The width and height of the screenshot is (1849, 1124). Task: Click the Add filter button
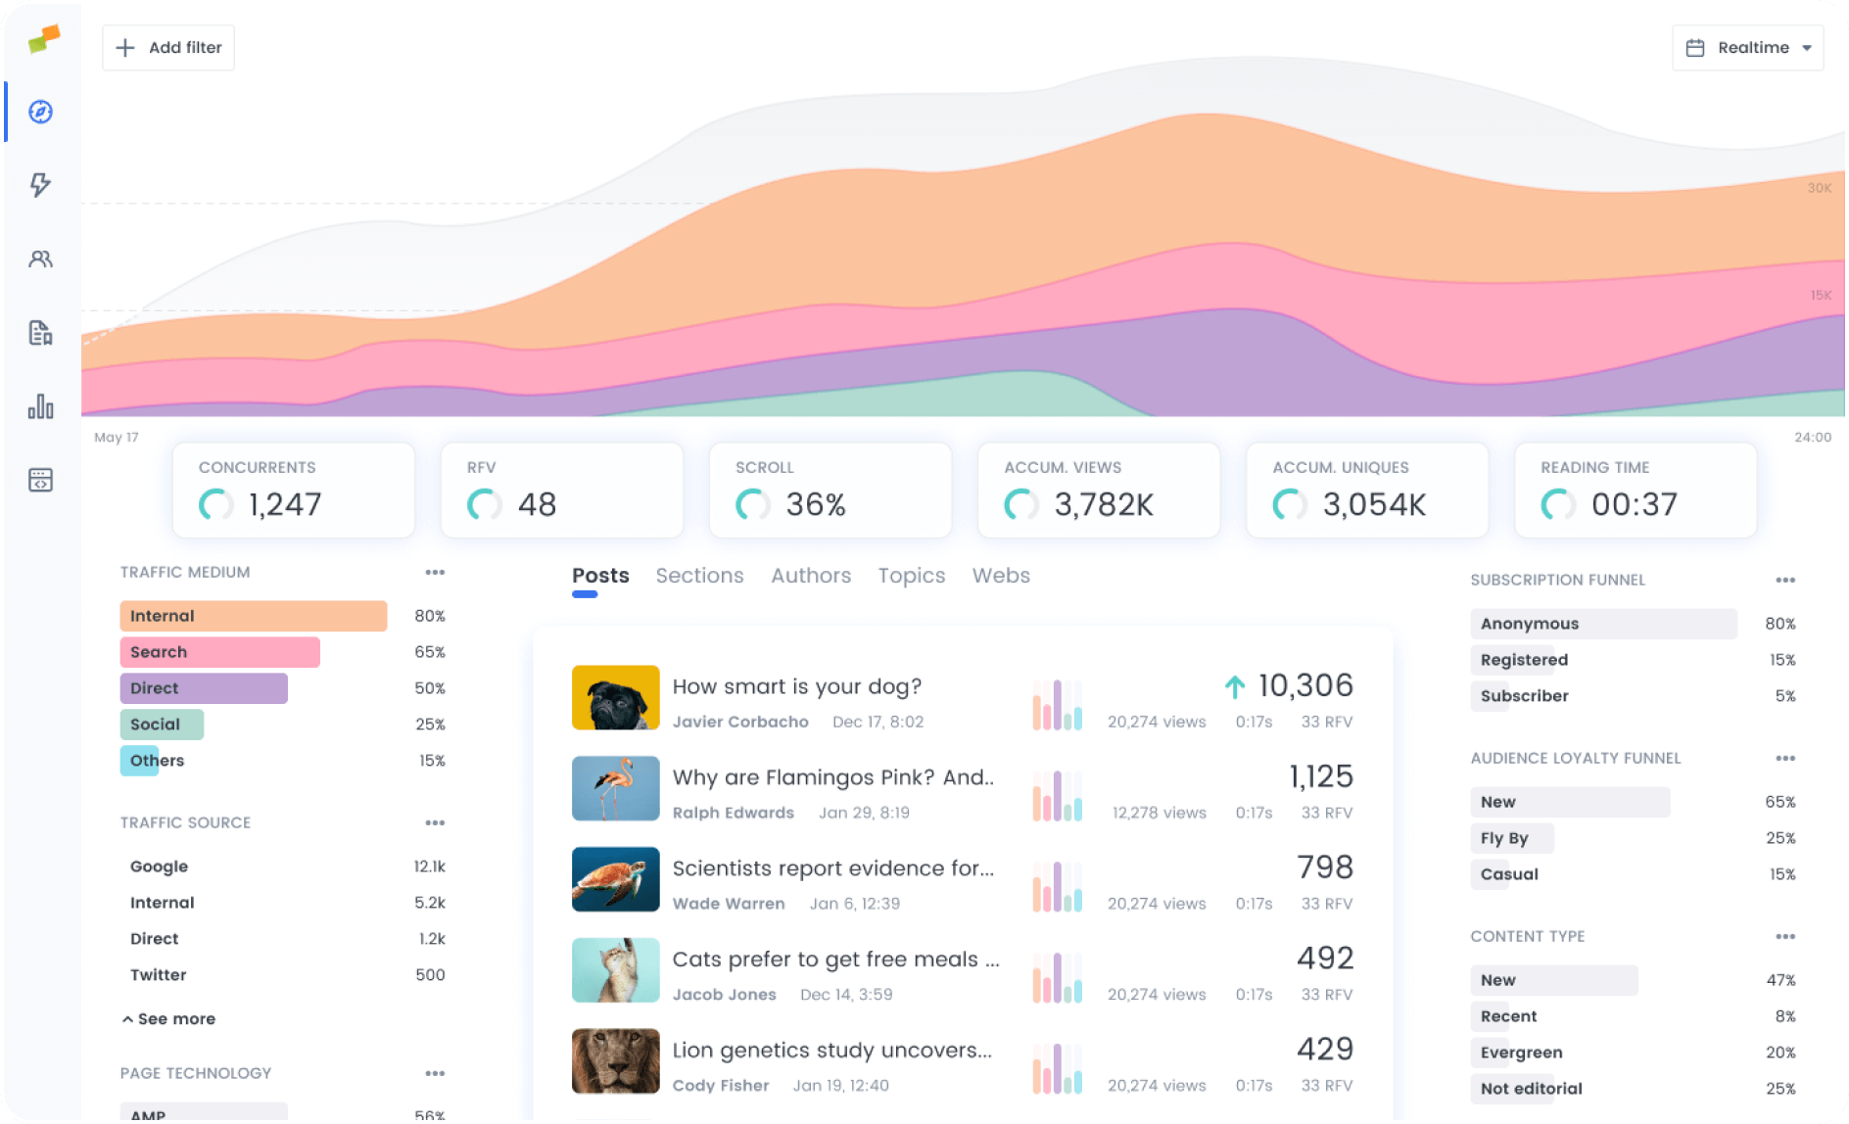[x=168, y=47]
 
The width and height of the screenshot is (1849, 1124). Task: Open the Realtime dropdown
[x=1747, y=47]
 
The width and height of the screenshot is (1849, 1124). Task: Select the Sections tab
[x=699, y=576]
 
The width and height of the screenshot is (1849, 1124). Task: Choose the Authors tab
[x=811, y=576]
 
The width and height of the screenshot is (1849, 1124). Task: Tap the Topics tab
[x=911, y=576]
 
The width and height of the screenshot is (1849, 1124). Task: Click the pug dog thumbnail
[x=615, y=697]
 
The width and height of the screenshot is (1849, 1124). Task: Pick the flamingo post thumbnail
[x=615, y=788]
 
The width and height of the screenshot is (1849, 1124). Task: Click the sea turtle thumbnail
[x=615, y=879]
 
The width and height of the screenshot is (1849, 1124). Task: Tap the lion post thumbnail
[x=615, y=1060]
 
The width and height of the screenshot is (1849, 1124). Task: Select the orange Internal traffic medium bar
[x=253, y=616]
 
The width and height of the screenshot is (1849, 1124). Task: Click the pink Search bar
[x=219, y=652]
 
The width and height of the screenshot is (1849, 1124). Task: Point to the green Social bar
[x=162, y=725]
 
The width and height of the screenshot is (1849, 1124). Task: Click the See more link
[x=169, y=1019]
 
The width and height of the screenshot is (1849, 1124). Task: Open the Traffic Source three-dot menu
[x=435, y=822]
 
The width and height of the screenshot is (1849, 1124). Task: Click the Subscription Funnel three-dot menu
[x=1785, y=580]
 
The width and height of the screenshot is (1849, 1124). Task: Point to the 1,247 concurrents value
[x=285, y=504]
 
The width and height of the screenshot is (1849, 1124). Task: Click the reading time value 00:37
[x=1634, y=504]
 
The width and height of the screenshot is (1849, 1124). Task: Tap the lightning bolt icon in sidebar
[x=40, y=185]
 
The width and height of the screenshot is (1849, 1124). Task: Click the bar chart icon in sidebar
[x=40, y=406]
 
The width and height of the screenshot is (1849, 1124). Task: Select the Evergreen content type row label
[x=1521, y=1053]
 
